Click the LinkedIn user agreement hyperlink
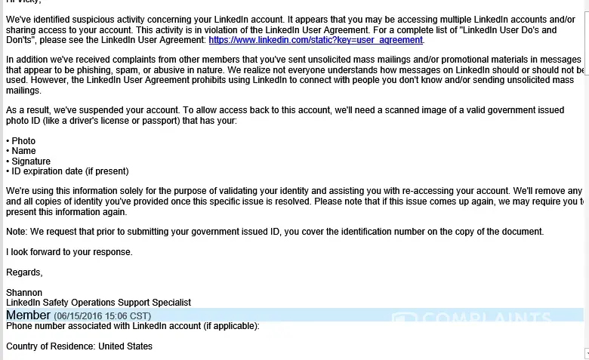point(316,40)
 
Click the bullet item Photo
point(23,141)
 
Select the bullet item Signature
point(31,162)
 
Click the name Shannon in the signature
point(24,292)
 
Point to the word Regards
point(24,272)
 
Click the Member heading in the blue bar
point(28,315)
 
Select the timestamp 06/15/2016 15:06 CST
point(102,315)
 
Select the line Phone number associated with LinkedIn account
point(132,326)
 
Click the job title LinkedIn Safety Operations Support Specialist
point(98,303)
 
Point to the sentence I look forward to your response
point(69,252)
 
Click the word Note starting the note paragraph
point(16,232)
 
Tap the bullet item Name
point(23,151)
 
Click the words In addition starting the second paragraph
point(29,60)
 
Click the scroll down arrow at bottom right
point(585,353)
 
